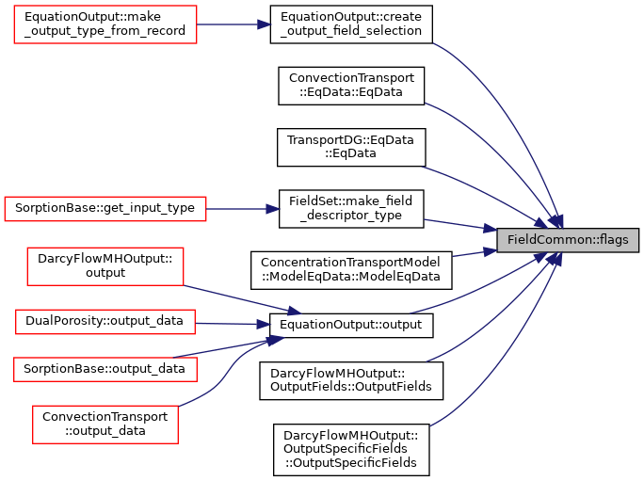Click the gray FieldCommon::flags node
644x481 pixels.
click(568, 240)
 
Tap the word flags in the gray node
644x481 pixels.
click(613, 240)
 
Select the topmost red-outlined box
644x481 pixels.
click(105, 24)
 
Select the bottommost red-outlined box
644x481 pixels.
click(105, 425)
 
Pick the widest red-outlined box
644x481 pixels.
click(105, 209)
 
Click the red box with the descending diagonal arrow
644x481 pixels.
click(105, 266)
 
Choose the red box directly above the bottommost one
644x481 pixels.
click(105, 370)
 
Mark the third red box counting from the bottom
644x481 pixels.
click(105, 322)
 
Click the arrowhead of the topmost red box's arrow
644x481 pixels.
click(266, 24)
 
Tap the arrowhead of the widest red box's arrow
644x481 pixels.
click(274, 209)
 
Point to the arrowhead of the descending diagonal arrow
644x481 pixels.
click(295, 312)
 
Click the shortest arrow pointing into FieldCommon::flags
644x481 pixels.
click(471, 253)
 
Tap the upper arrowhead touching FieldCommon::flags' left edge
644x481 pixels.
click(491, 229)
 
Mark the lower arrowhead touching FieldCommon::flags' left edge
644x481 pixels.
click(491, 251)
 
